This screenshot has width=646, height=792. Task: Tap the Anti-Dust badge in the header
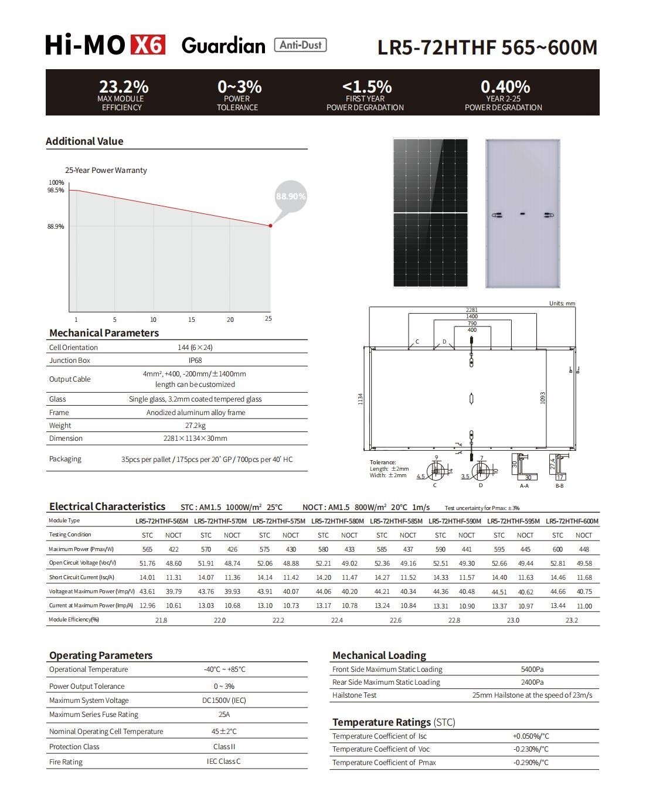[301, 45]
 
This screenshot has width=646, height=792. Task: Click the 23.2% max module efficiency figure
[124, 87]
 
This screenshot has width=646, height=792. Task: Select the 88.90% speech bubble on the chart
[291, 196]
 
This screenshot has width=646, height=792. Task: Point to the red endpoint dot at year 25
[270, 226]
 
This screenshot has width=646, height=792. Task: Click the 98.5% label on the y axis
[56, 190]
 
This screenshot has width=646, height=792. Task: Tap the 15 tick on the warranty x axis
[192, 319]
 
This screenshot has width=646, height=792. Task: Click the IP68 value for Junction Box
[195, 361]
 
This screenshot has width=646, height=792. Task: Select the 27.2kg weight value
[195, 426]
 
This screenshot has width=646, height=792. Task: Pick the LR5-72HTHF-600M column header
[572, 521]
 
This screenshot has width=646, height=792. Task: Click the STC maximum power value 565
[147, 549]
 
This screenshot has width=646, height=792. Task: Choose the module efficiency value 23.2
[572, 620]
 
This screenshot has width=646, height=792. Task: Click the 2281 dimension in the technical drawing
[472, 310]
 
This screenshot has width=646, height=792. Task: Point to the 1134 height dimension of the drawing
[361, 399]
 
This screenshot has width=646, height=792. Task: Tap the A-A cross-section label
[524, 485]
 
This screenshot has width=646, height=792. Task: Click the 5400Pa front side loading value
[532, 669]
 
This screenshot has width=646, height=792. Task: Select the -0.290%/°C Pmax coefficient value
[531, 763]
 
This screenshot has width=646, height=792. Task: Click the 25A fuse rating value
[224, 715]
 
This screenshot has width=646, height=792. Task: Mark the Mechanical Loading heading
[379, 655]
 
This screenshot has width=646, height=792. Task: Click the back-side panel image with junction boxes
[523, 213]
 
